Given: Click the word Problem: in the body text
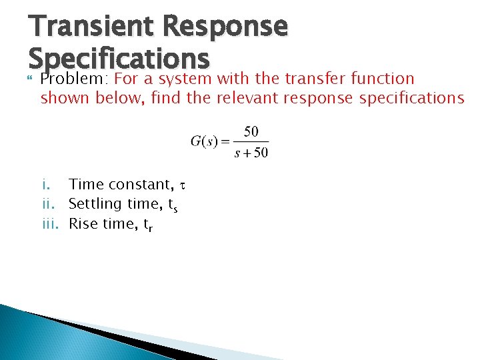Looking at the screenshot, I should coord(75,79).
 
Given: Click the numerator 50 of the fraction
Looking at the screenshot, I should coord(251,131).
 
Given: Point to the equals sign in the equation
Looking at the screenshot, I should coord(225,141).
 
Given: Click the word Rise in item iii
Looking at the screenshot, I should coord(83,223).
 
